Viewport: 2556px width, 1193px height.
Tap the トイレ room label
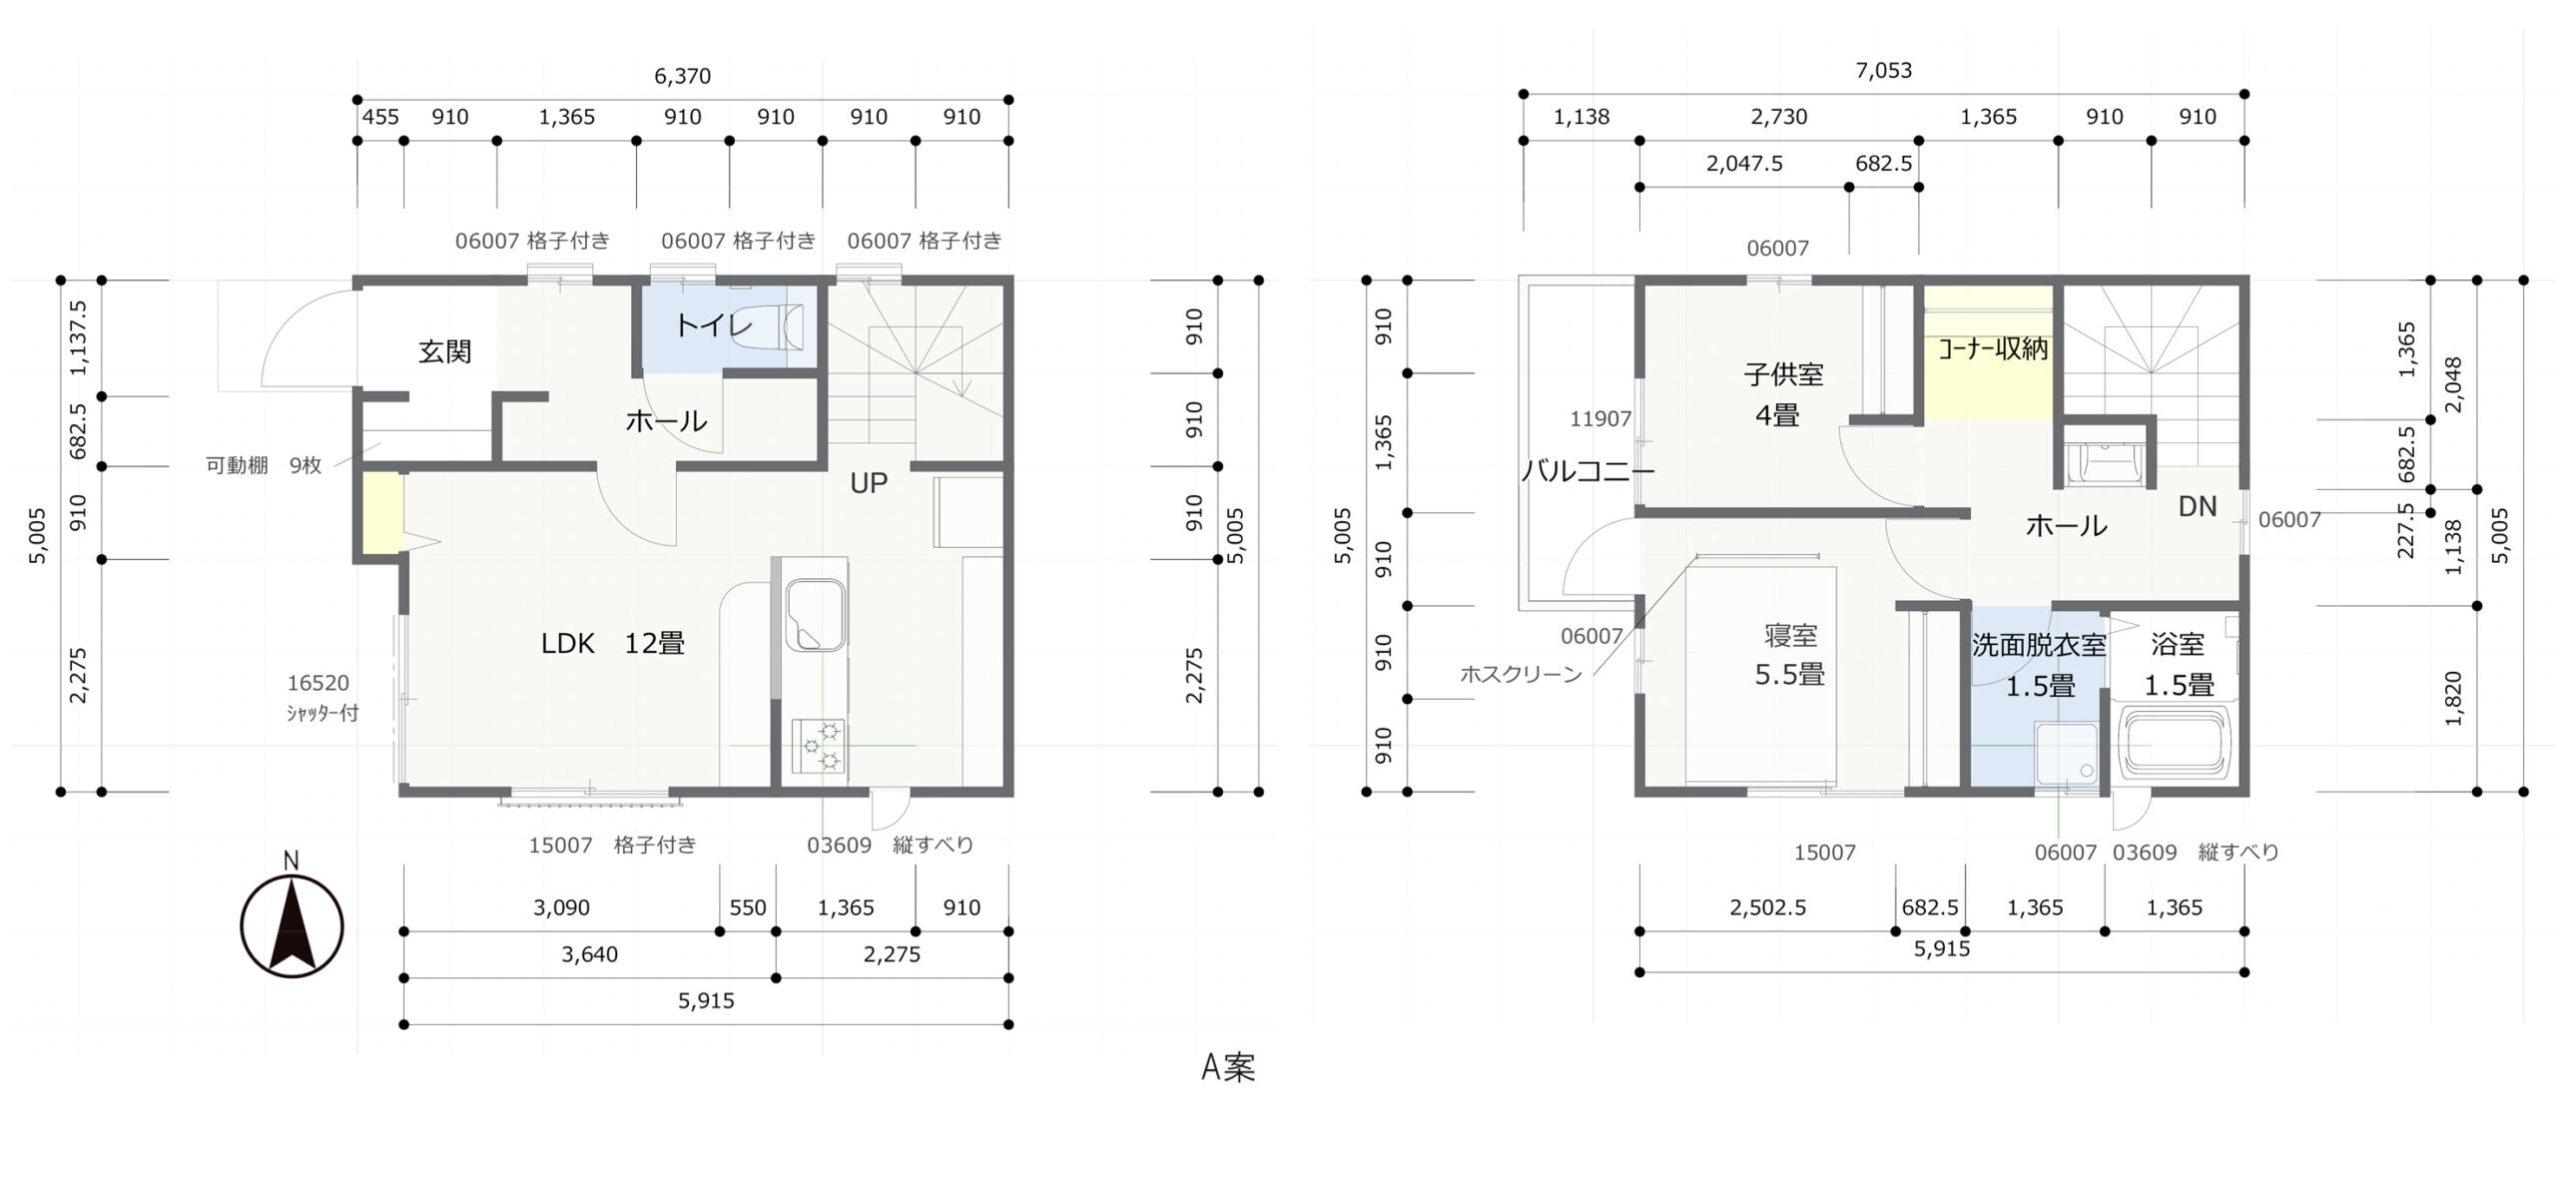coord(714,324)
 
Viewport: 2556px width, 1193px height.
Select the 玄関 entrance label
coord(444,351)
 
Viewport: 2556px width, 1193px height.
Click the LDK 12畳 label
coord(613,644)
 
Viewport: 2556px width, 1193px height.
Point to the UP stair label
coord(869,483)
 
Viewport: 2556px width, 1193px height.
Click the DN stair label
coord(2197,507)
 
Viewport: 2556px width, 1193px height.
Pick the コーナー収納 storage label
coord(1992,348)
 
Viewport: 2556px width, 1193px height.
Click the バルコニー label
coord(1588,470)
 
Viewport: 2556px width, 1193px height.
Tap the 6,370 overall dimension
coord(683,76)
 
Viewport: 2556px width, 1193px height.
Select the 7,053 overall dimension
coord(1884,71)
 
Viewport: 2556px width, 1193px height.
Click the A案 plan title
coord(1228,1067)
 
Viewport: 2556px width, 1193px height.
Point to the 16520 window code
coord(319,683)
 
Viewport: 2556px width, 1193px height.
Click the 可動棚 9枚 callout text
coord(264,465)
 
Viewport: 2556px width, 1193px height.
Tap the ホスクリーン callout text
coord(1521,675)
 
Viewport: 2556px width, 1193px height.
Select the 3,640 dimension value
coord(589,954)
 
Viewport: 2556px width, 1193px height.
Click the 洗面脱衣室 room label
coord(2039,646)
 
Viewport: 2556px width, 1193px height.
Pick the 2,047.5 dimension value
coord(1744,163)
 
